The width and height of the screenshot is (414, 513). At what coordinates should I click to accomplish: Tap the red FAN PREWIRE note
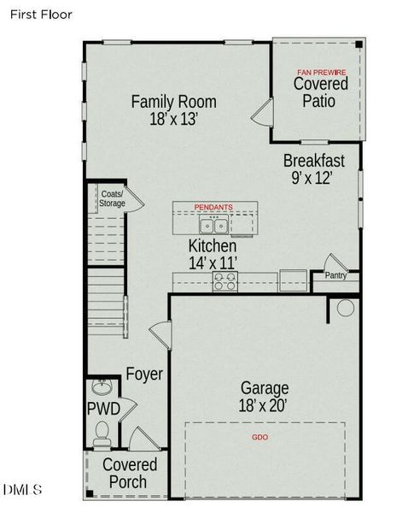coord(321,73)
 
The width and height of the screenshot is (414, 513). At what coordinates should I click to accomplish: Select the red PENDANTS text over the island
coord(213,207)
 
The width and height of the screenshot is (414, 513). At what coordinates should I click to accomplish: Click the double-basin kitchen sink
coord(213,224)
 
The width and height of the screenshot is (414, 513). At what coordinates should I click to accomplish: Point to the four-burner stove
coord(225,281)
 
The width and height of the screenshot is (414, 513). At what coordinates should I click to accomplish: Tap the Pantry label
coord(335,275)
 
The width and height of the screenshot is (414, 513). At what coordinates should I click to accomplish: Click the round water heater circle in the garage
coord(346,308)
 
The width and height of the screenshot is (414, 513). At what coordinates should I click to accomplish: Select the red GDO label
coord(260,437)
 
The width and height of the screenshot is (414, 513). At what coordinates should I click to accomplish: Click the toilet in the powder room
coord(102,433)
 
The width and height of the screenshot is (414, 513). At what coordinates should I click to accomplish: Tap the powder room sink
coord(102,387)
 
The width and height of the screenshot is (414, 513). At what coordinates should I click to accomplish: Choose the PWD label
coord(103,409)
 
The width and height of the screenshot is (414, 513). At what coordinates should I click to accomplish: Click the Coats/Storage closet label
coord(112,198)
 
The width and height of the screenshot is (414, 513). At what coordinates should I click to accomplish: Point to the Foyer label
coord(144,374)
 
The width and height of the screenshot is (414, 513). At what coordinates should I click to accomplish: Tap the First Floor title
coord(41,15)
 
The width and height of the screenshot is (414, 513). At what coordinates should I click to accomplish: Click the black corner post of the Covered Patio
coord(359,44)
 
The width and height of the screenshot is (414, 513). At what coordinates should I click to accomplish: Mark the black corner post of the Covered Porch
coord(90,493)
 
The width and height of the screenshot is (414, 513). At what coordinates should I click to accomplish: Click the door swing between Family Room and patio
coord(262,112)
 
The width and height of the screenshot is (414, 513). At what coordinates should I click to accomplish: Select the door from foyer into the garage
coord(160,334)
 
